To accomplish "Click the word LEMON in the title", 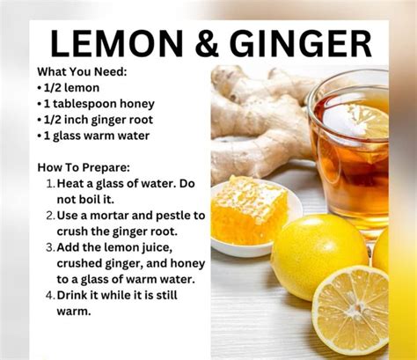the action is (117, 44).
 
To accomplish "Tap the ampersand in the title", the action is (207, 44).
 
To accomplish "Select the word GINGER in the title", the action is (301, 44).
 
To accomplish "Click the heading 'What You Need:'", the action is (82, 72).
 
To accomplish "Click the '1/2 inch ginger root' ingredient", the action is (95, 121).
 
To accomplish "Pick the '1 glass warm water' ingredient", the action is (93, 136).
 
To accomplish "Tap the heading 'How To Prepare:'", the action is (84, 168).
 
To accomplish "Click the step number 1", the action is (50, 184).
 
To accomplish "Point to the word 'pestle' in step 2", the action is (173, 217).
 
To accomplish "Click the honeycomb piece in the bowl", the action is (250, 209).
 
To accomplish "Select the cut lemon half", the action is (351, 311).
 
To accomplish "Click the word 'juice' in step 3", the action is (157, 248).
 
